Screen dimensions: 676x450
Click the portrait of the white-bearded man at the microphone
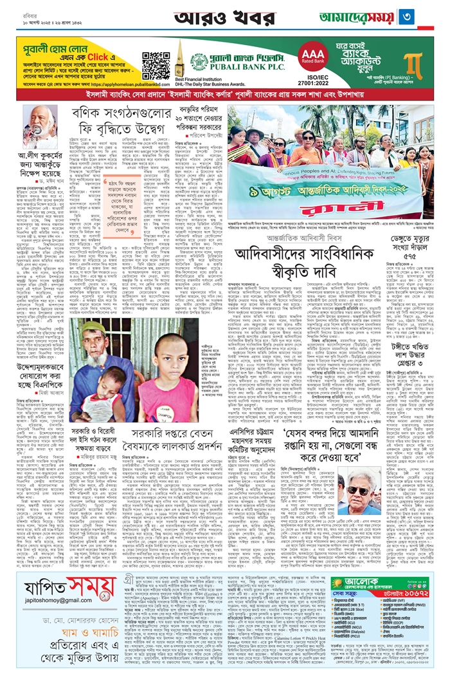pos(40,127)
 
